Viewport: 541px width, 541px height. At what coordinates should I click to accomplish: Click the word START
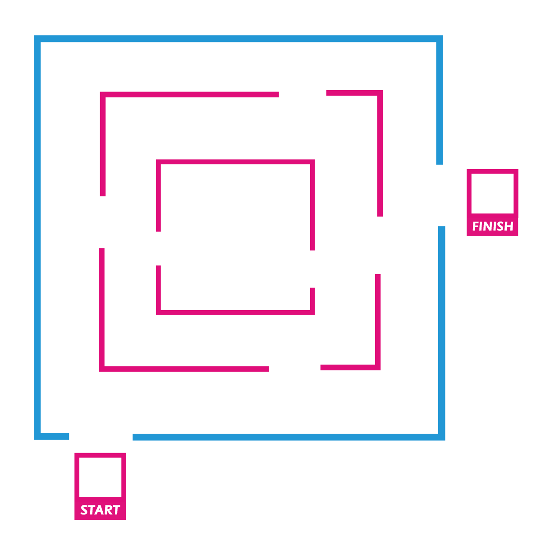click(x=100, y=509)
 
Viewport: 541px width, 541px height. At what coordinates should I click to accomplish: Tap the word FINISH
click(x=493, y=226)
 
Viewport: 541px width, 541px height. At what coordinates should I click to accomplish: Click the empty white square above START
click(x=100, y=477)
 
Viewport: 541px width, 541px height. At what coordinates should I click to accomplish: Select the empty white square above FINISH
click(x=492, y=193)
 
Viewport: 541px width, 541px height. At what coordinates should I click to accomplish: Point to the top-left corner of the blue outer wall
click(x=37, y=38)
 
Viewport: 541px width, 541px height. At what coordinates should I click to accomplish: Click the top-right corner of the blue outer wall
click(x=440, y=38)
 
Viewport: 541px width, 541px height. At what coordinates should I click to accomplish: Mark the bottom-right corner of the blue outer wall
click(x=442, y=437)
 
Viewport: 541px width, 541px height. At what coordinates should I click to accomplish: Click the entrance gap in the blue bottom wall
click(x=101, y=436)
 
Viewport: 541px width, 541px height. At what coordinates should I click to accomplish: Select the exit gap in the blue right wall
click(x=440, y=195)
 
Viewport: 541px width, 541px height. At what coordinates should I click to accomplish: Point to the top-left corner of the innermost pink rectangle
click(x=158, y=162)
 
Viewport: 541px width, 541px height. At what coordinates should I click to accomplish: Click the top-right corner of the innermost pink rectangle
click(x=312, y=162)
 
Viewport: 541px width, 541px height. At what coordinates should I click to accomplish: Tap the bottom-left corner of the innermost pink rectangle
click(x=158, y=312)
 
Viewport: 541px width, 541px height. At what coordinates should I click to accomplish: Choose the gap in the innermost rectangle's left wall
click(x=158, y=248)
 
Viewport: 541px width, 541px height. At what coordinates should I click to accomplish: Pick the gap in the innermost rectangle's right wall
click(x=312, y=269)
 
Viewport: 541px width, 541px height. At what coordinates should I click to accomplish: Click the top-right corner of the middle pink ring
click(x=380, y=93)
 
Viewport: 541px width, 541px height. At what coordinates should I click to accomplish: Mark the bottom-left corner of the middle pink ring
click(x=101, y=369)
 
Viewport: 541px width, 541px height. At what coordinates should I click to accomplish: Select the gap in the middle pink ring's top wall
click(x=303, y=94)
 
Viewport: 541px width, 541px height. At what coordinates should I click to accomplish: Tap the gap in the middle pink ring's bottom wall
click(x=295, y=368)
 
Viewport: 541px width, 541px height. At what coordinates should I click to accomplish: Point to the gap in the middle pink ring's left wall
click(x=102, y=222)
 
